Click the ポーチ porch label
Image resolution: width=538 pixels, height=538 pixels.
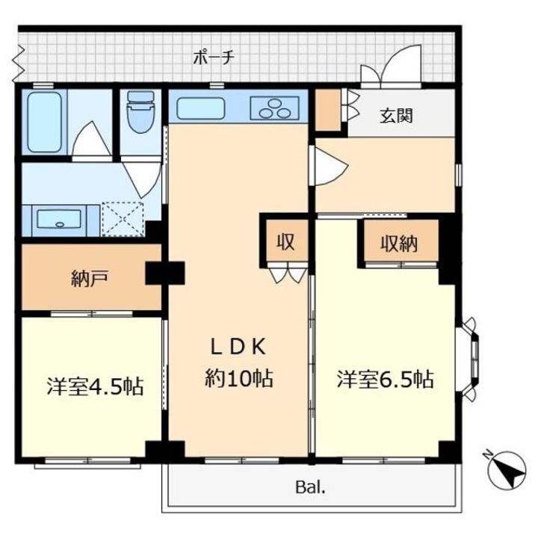pos(214,58)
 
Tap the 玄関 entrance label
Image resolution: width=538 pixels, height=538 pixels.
pos(395,115)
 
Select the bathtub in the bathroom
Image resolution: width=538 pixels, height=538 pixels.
pos(45,122)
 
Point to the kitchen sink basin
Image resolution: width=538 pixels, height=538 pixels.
pos(200,108)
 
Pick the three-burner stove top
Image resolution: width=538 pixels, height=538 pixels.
pos(274,108)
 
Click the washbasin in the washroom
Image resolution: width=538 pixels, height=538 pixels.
pos(60,219)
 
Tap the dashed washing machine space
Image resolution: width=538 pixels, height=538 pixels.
pos(123,218)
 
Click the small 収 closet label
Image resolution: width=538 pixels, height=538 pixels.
pos(285,242)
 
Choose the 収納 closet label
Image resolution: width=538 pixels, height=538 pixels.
pos(399,244)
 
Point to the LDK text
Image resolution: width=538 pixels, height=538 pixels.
pos(238,347)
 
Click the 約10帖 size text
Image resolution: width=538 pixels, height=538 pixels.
pos(239,378)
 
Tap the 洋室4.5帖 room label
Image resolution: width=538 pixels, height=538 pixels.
pos(95,387)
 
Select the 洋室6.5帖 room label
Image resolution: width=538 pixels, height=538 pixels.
pos(386,379)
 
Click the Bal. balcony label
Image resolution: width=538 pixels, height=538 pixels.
pos(310,487)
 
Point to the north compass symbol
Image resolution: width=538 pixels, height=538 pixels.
pos(507,470)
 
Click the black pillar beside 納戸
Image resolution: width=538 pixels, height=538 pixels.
pos(165,273)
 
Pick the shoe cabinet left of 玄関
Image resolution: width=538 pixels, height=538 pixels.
pos(328,110)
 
